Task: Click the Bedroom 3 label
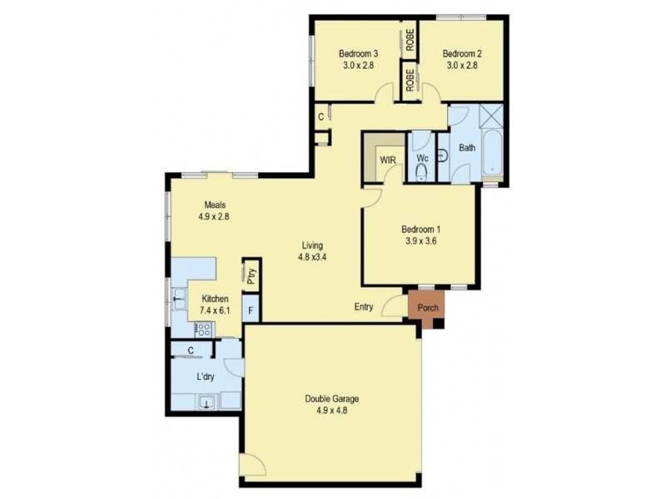click(360, 52)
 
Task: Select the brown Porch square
click(427, 306)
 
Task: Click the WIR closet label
click(387, 159)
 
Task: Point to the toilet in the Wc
click(421, 171)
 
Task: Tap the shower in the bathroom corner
click(491, 116)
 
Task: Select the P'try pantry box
click(250, 276)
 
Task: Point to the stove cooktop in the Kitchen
click(203, 328)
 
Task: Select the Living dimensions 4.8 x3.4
click(312, 257)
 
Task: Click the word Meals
click(213, 205)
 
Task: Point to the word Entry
click(364, 307)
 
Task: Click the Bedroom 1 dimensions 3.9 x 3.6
click(420, 241)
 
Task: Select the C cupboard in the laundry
click(191, 350)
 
